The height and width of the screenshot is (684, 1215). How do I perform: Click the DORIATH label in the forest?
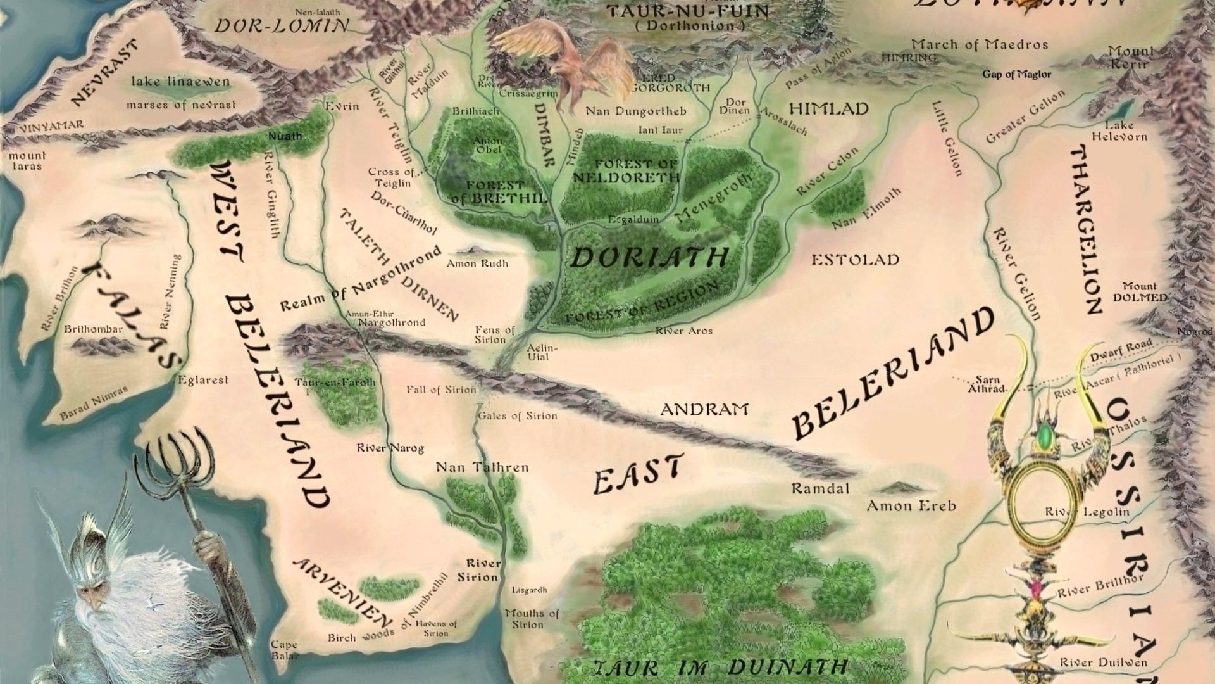[x=649, y=258]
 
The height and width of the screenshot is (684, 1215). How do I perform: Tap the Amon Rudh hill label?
[x=477, y=263]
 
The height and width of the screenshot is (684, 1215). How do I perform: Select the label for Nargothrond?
[x=391, y=322]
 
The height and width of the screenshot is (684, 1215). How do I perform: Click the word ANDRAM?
[x=704, y=410]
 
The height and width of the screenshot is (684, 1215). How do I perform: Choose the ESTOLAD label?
[x=855, y=260]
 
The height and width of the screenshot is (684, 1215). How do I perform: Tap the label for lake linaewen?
[x=180, y=82]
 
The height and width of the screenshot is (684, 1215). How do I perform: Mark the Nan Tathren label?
[x=482, y=467]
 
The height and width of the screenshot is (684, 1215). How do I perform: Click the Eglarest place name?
[x=202, y=380]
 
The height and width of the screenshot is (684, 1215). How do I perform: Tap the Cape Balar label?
[x=284, y=650]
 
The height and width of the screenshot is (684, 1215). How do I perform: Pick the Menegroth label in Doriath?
[x=713, y=198]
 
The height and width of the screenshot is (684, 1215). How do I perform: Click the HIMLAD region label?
[x=828, y=109]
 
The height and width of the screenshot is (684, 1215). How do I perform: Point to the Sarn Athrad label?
[x=987, y=384]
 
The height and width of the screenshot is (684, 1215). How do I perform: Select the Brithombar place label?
[x=93, y=329]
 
